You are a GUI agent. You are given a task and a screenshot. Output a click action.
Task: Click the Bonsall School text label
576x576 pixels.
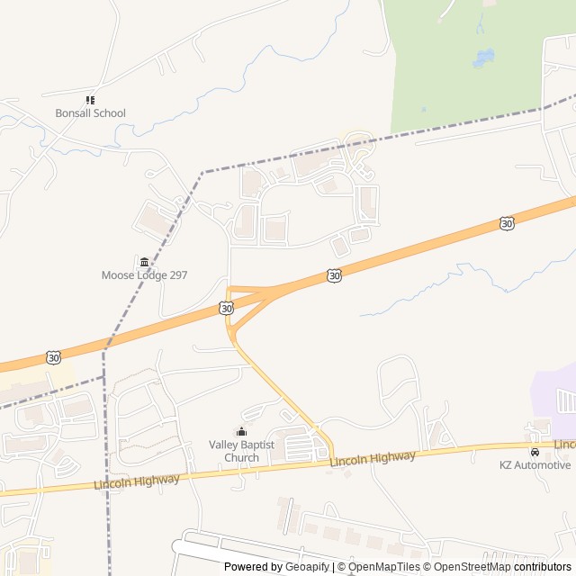coord(90,113)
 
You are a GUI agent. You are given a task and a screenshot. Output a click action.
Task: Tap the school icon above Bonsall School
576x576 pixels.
coord(90,100)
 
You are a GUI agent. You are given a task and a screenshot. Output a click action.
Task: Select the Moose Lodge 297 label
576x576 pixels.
coord(144,275)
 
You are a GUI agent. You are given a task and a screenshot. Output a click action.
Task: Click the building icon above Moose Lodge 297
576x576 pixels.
coord(144,262)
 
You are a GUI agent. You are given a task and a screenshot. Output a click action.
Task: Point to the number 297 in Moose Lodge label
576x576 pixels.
coord(177,275)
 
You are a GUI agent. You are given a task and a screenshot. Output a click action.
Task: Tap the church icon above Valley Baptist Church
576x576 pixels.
coord(241,431)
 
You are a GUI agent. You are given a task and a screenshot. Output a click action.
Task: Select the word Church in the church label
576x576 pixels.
coord(241,457)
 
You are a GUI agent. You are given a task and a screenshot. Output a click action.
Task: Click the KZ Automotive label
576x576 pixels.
coord(535,464)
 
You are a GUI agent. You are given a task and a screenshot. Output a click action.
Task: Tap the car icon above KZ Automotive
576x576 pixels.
coord(535,451)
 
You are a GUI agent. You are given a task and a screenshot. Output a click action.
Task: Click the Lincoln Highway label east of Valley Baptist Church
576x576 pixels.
coord(373,459)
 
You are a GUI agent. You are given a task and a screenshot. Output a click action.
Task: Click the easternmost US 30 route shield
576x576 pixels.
coord(508,222)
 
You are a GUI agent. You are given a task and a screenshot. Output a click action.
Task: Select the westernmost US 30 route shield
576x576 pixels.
coord(55,357)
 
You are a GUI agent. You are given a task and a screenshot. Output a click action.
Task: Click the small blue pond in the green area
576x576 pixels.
coord(483,58)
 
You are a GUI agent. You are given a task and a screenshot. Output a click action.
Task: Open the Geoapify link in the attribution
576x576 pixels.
coord(308,567)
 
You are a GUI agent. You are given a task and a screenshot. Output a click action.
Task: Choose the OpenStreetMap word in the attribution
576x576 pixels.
coord(472,567)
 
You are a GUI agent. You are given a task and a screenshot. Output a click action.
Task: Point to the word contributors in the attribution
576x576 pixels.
coord(543,567)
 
